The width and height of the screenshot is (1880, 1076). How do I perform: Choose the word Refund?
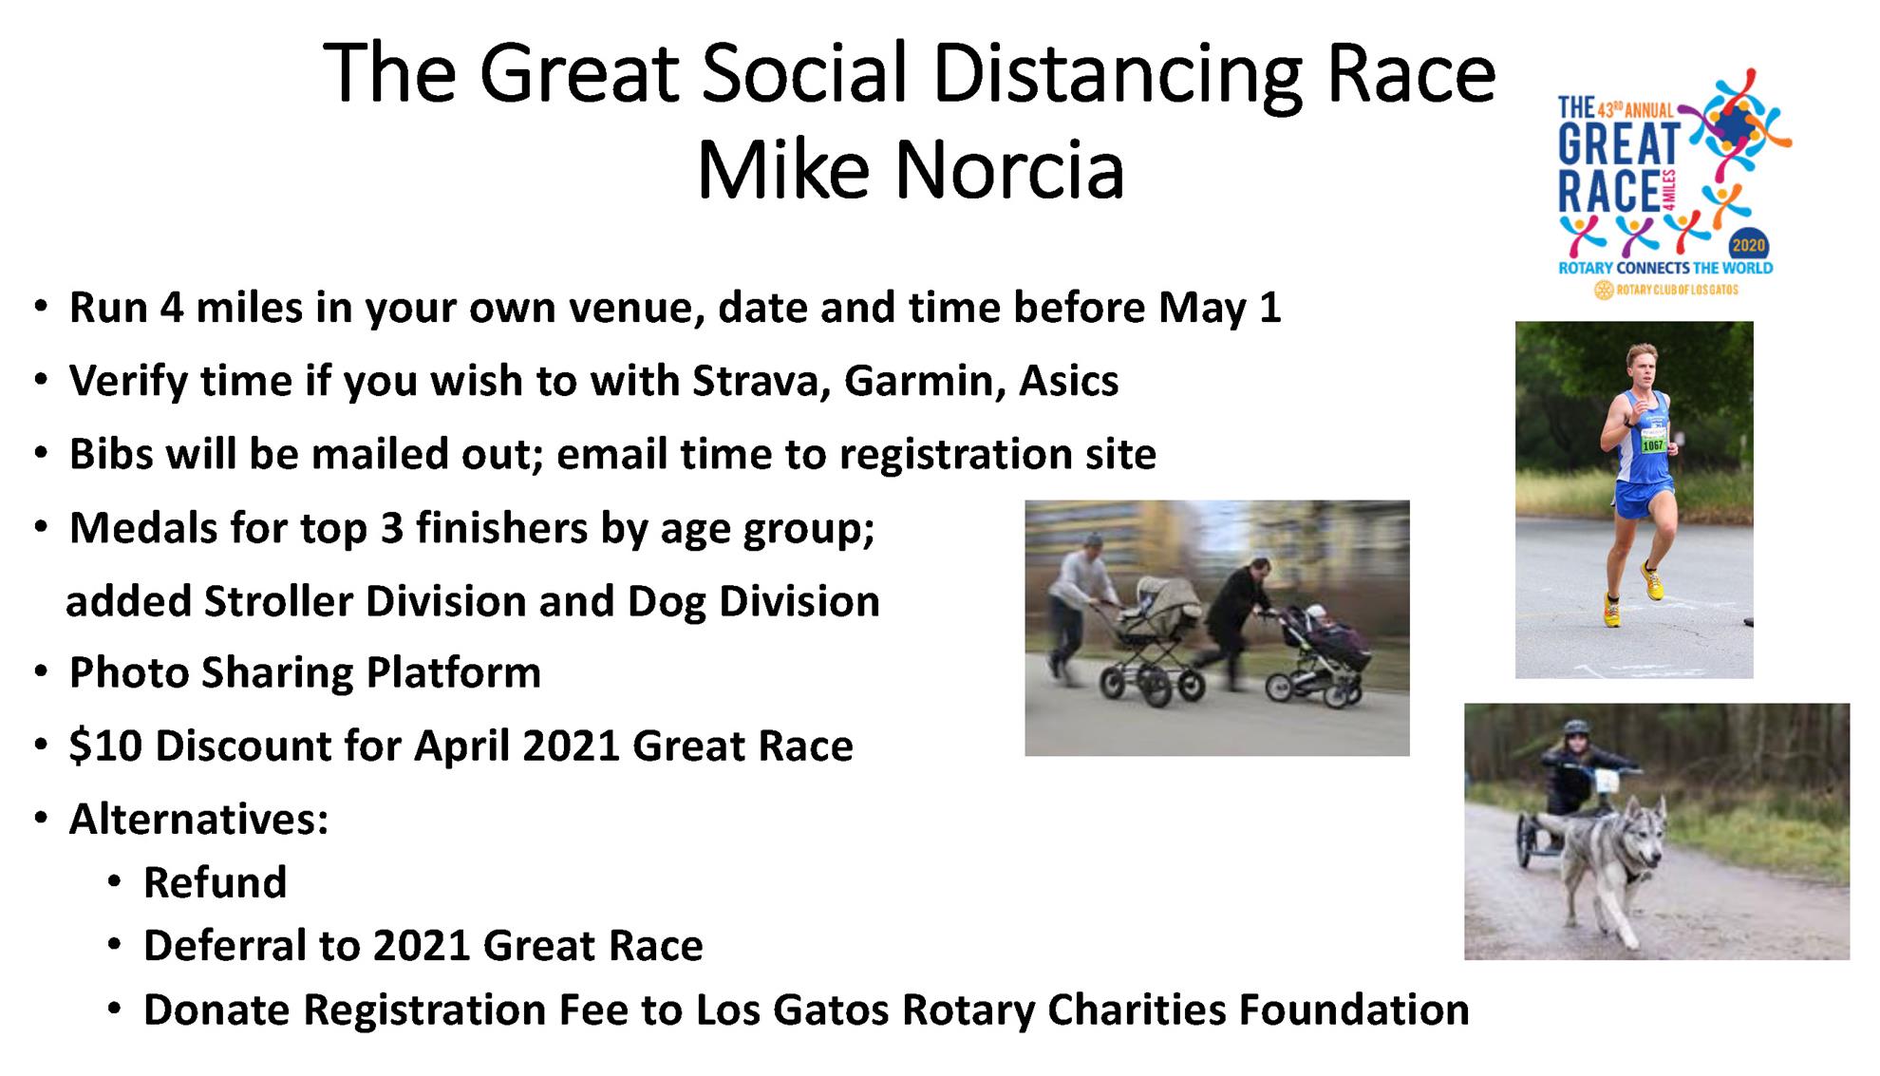pyautogui.click(x=215, y=882)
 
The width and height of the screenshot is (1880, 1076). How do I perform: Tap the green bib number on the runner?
pyautogui.click(x=1653, y=444)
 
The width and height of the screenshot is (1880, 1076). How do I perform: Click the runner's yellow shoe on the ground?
pyautogui.click(x=1611, y=610)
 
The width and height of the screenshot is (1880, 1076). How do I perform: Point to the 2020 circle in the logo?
pyautogui.click(x=1748, y=245)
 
